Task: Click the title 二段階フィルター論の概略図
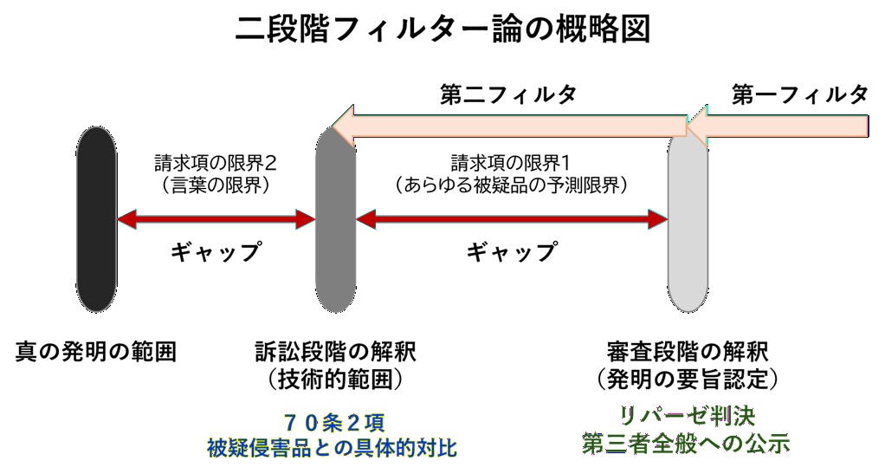442,29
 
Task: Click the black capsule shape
95,219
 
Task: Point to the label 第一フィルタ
798,95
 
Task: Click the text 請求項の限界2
216,162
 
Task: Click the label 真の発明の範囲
96,353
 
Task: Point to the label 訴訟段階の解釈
335,353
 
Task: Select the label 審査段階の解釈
688,353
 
